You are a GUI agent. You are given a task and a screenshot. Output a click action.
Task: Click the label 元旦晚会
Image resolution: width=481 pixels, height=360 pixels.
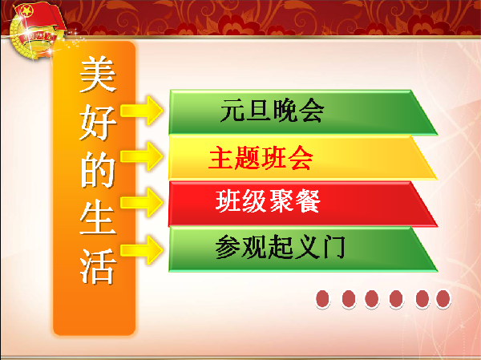click(x=272, y=111)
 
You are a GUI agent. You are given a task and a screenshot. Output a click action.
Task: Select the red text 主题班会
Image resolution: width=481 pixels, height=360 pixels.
click(x=261, y=158)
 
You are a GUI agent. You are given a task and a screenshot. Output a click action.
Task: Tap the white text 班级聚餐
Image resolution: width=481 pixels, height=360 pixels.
click(x=269, y=202)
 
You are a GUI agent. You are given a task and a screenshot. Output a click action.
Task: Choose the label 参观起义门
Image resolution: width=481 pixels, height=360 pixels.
click(x=280, y=248)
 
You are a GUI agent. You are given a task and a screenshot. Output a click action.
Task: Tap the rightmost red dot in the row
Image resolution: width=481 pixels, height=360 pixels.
click(x=443, y=299)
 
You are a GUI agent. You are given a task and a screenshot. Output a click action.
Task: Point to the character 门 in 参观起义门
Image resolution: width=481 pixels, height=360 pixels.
click(x=334, y=248)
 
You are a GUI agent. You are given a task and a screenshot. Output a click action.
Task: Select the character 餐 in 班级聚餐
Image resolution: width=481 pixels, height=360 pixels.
click(x=307, y=202)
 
